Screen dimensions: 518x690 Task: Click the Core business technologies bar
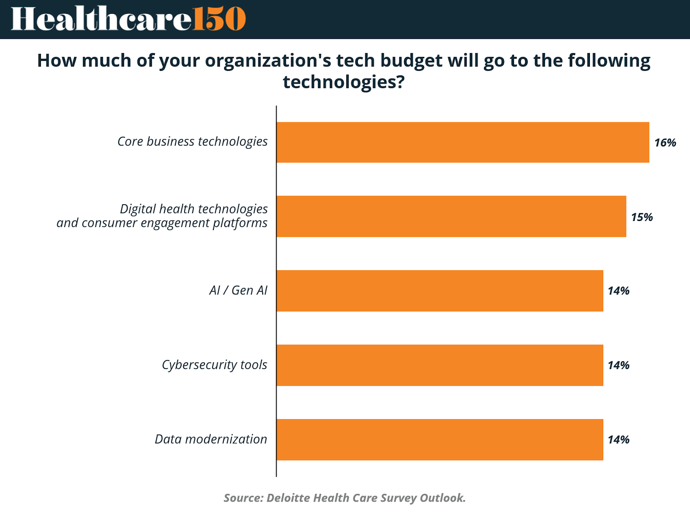(462, 142)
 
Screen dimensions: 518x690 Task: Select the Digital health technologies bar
(451, 216)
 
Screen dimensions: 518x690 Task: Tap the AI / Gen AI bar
(439, 291)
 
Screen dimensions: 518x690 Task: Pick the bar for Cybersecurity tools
(439, 365)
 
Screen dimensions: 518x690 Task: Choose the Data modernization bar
(439, 439)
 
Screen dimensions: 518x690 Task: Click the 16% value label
(665, 143)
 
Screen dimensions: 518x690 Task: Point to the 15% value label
(642, 217)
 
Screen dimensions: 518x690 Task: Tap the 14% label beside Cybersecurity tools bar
(618, 366)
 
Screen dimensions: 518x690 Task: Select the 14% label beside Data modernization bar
(618, 440)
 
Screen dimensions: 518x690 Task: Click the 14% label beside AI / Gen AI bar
(618, 291)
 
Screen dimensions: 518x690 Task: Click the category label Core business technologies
(192, 142)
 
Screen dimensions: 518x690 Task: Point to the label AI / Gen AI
(238, 291)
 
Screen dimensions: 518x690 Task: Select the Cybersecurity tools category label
(214, 365)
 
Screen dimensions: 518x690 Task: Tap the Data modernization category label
(211, 439)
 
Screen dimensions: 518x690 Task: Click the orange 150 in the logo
(219, 19)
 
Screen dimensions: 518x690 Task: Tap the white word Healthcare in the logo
(101, 19)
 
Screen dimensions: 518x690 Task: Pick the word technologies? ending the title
(344, 82)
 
